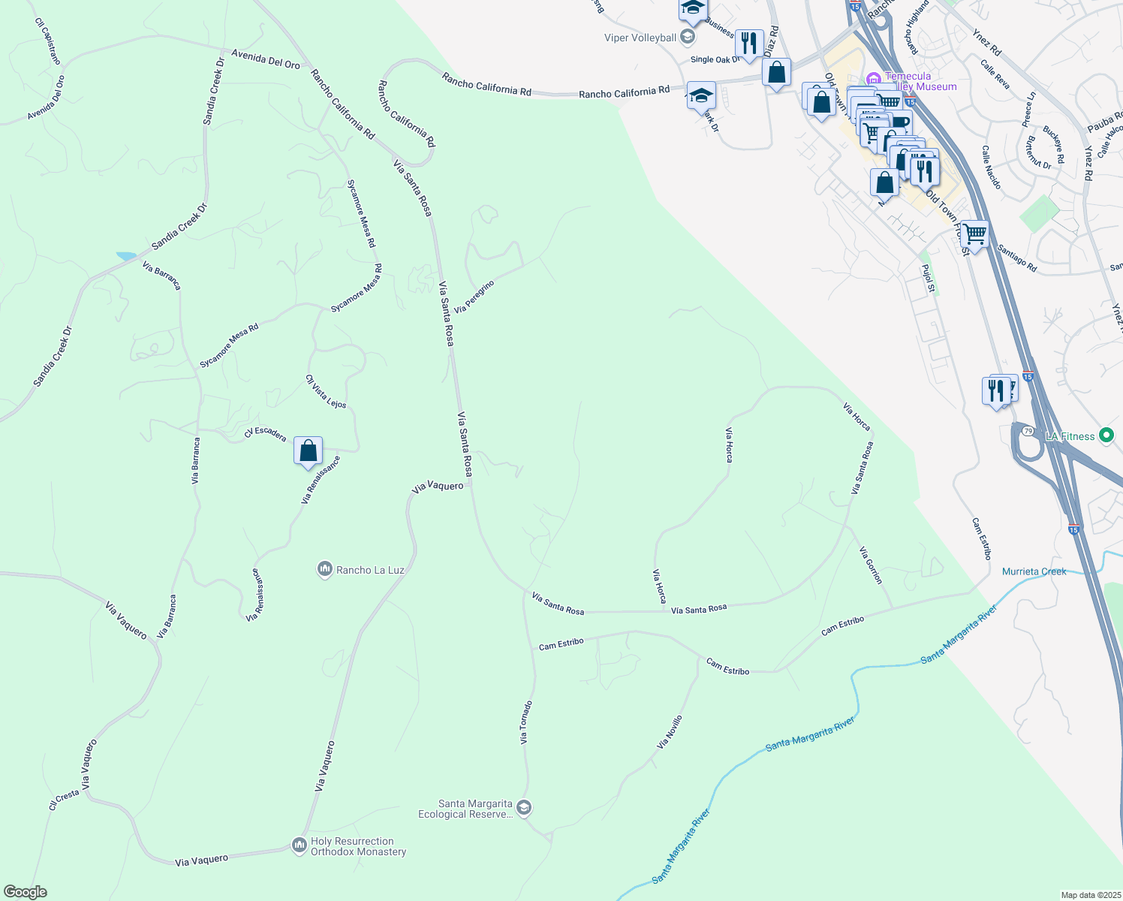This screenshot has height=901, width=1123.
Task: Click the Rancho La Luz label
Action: coord(370,570)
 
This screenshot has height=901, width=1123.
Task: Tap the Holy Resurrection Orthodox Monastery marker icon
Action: coord(299,845)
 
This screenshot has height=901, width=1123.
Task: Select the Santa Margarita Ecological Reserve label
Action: coord(465,809)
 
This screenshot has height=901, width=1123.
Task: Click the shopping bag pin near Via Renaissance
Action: coord(308,451)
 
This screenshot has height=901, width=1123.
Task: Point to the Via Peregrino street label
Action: coord(474,297)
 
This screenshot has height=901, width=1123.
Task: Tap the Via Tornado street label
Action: coord(526,722)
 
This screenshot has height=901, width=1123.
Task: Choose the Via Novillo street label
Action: coord(670,732)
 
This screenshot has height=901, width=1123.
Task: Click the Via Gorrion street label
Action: coord(871,565)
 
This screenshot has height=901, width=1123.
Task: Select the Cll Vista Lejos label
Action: coord(326,392)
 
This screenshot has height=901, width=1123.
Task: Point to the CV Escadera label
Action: coord(265,433)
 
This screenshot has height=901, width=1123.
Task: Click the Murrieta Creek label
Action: coord(1034,571)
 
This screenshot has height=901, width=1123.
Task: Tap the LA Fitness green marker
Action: coord(1105,435)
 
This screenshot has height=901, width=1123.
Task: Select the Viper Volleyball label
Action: coord(640,38)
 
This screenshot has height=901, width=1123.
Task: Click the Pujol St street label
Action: coord(929,278)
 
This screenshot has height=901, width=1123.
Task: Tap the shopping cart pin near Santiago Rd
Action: coord(974,234)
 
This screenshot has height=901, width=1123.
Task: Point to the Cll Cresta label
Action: coord(64,799)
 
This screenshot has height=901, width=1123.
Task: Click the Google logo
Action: coord(26,892)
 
